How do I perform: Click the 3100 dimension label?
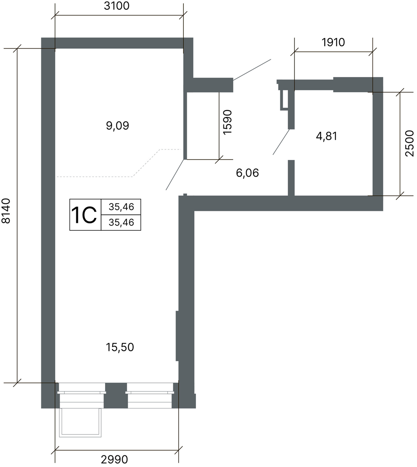[116, 6]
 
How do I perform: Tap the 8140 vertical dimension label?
[6, 211]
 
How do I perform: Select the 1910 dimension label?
[333, 42]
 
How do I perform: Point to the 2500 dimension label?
[410, 143]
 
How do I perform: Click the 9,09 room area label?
[118, 126]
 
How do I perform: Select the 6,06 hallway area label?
[247, 173]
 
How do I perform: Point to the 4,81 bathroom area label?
[326, 136]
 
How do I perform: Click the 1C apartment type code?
[84, 216]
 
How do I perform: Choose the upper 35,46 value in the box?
[121, 207]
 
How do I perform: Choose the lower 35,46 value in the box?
[121, 223]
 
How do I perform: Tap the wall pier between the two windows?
[116, 395]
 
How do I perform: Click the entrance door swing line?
[252, 70]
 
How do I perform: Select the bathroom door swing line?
[281, 142]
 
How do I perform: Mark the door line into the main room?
[175, 174]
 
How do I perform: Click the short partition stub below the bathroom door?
[291, 178]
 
